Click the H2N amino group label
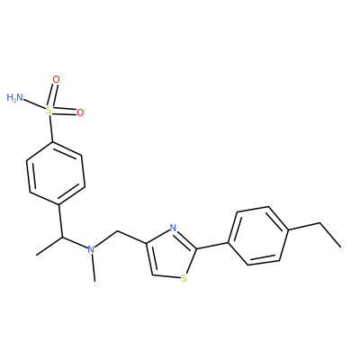pos(15,97)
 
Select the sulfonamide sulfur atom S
pos(49,111)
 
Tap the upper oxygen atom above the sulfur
pos(56,79)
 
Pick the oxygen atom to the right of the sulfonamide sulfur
pos(80,112)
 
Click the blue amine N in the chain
pos(91,249)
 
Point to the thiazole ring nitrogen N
pos(173,228)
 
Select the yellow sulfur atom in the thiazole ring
pos(184,279)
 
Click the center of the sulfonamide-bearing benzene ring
pos(56,174)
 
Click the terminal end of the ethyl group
pos(341,247)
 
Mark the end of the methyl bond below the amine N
pos(94,281)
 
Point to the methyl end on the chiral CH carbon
pos(36,256)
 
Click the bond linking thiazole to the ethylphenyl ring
pos(212,245)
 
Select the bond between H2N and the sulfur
pos(34,104)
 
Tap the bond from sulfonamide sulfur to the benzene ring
pos(51,129)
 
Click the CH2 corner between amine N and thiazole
pos(118,231)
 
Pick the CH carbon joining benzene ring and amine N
pos(63,237)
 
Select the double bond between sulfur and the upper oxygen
pos(52,95)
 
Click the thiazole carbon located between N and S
pos(197,248)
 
